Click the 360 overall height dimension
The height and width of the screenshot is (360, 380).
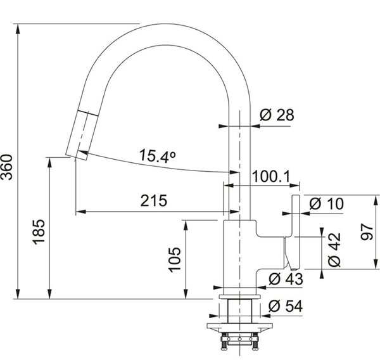point(6,167)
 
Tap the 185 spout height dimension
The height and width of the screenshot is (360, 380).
point(39,232)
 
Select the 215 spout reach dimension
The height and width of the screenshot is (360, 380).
point(154,201)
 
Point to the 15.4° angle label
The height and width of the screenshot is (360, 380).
point(158,155)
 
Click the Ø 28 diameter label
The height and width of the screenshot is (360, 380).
point(277,115)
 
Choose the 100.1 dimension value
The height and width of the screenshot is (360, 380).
point(271,176)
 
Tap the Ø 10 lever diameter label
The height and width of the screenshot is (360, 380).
point(326,203)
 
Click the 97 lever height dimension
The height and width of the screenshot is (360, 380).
point(367,233)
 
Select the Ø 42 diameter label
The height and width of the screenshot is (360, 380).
point(334,250)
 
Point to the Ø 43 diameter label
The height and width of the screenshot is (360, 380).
point(286,279)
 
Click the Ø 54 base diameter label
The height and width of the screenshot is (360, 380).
point(286,306)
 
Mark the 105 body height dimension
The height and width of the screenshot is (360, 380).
point(175,260)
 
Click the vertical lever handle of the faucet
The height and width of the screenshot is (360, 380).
point(296,232)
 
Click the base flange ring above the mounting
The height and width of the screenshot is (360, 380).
point(239,297)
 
